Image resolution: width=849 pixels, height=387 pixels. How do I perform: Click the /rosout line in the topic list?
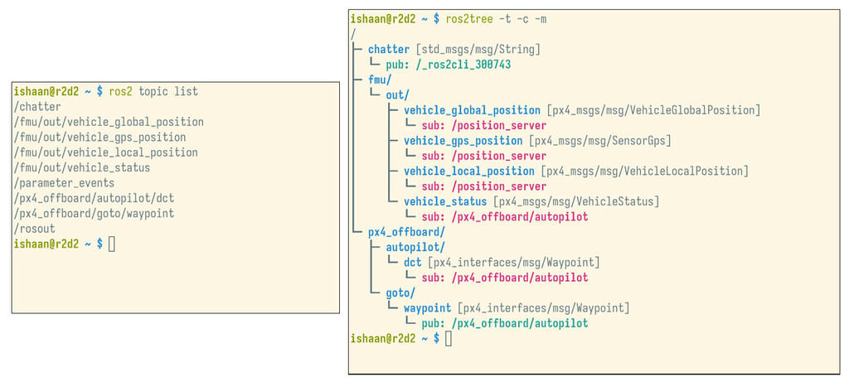[x=35, y=229]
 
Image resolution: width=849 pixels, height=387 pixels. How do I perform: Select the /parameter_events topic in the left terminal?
[x=64, y=183]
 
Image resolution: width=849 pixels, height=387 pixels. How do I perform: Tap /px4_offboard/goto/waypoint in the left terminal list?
[x=94, y=214]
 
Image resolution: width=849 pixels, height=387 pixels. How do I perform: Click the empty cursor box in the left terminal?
[x=112, y=244]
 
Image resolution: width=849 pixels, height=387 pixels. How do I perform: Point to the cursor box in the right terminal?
[x=449, y=338]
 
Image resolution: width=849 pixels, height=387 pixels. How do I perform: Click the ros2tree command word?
[x=470, y=19]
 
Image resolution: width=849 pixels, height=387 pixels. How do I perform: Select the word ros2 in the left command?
[x=122, y=91]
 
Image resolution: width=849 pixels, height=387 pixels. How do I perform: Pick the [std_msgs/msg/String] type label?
[x=478, y=50]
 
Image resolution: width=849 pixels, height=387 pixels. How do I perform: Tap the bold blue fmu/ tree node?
[x=381, y=80]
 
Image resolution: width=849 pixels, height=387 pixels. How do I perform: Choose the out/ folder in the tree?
[x=398, y=95]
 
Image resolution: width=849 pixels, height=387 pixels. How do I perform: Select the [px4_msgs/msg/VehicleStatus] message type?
[x=576, y=201]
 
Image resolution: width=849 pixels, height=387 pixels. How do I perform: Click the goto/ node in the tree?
[x=400, y=293]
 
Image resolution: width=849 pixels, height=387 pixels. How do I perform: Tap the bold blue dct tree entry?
[x=413, y=262]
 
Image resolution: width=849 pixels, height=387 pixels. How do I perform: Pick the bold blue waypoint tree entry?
[x=428, y=308]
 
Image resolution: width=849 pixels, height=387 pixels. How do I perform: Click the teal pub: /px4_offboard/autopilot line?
[x=504, y=323]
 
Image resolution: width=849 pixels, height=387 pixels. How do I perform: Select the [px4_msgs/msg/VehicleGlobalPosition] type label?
[x=653, y=110]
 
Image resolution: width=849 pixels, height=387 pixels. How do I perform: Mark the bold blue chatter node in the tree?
[x=389, y=50]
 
